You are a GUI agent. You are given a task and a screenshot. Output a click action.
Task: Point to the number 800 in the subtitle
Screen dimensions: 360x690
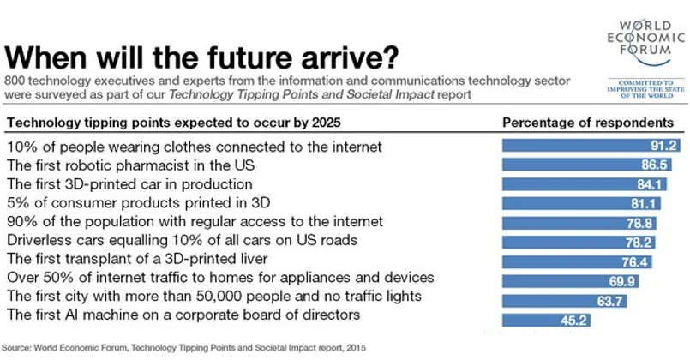[17, 80]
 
